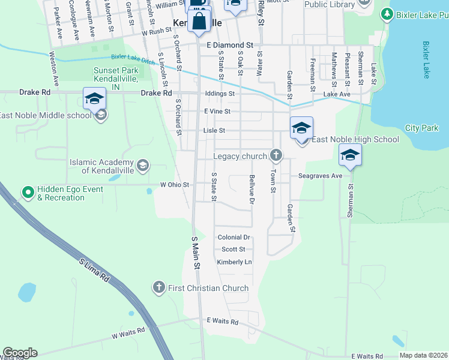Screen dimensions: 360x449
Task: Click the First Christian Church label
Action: pyautogui.click(x=208, y=288)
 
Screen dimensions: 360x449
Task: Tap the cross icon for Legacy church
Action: pyautogui.click(x=276, y=156)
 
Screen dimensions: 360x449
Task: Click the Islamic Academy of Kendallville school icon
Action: pyautogui.click(x=143, y=165)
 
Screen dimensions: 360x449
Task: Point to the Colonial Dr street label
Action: pyautogui.click(x=234, y=238)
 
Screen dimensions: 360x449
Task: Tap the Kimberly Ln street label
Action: pyautogui.click(x=234, y=262)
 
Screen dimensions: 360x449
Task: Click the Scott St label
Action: pyautogui.click(x=234, y=250)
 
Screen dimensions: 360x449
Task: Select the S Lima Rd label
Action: pyautogui.click(x=95, y=271)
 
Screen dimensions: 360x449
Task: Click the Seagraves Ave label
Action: pyautogui.click(x=320, y=176)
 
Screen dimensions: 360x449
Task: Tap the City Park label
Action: pyautogui.click(x=421, y=128)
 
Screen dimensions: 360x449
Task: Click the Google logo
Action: pyautogui.click(x=20, y=353)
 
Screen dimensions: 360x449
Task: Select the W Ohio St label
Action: pyautogui.click(x=175, y=185)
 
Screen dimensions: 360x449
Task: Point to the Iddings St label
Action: pyautogui.click(x=219, y=94)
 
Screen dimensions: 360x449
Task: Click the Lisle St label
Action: pyautogui.click(x=214, y=130)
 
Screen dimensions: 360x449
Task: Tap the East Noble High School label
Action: pyautogui.click(x=355, y=140)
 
